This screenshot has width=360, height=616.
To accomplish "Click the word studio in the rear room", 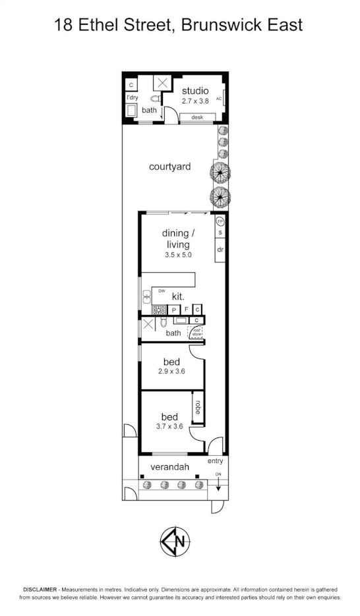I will pos(195,90).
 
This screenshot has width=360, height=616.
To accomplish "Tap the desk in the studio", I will pos(196,117).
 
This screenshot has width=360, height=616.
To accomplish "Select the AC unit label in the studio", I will pos(219,98).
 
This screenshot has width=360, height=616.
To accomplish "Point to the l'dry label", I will pos(132,98).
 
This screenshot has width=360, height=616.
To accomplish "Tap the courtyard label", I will pos(169,167).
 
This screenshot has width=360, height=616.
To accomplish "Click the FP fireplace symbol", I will pos(220,222).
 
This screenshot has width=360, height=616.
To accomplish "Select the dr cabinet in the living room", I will pos(220,250).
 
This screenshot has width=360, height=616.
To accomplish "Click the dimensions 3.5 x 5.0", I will pos(178,255).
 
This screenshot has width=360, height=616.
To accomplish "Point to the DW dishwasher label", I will pos(162,291).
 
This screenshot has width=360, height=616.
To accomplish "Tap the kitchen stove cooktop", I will pos(158,309).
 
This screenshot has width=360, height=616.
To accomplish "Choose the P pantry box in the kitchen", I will pos(175,309).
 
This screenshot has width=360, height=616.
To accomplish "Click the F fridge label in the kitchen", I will pos(186,309).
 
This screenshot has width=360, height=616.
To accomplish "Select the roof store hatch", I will pos(196,333).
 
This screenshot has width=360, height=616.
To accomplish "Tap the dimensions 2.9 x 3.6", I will pos(172,372).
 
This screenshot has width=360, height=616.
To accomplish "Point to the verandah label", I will pos(170,467).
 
